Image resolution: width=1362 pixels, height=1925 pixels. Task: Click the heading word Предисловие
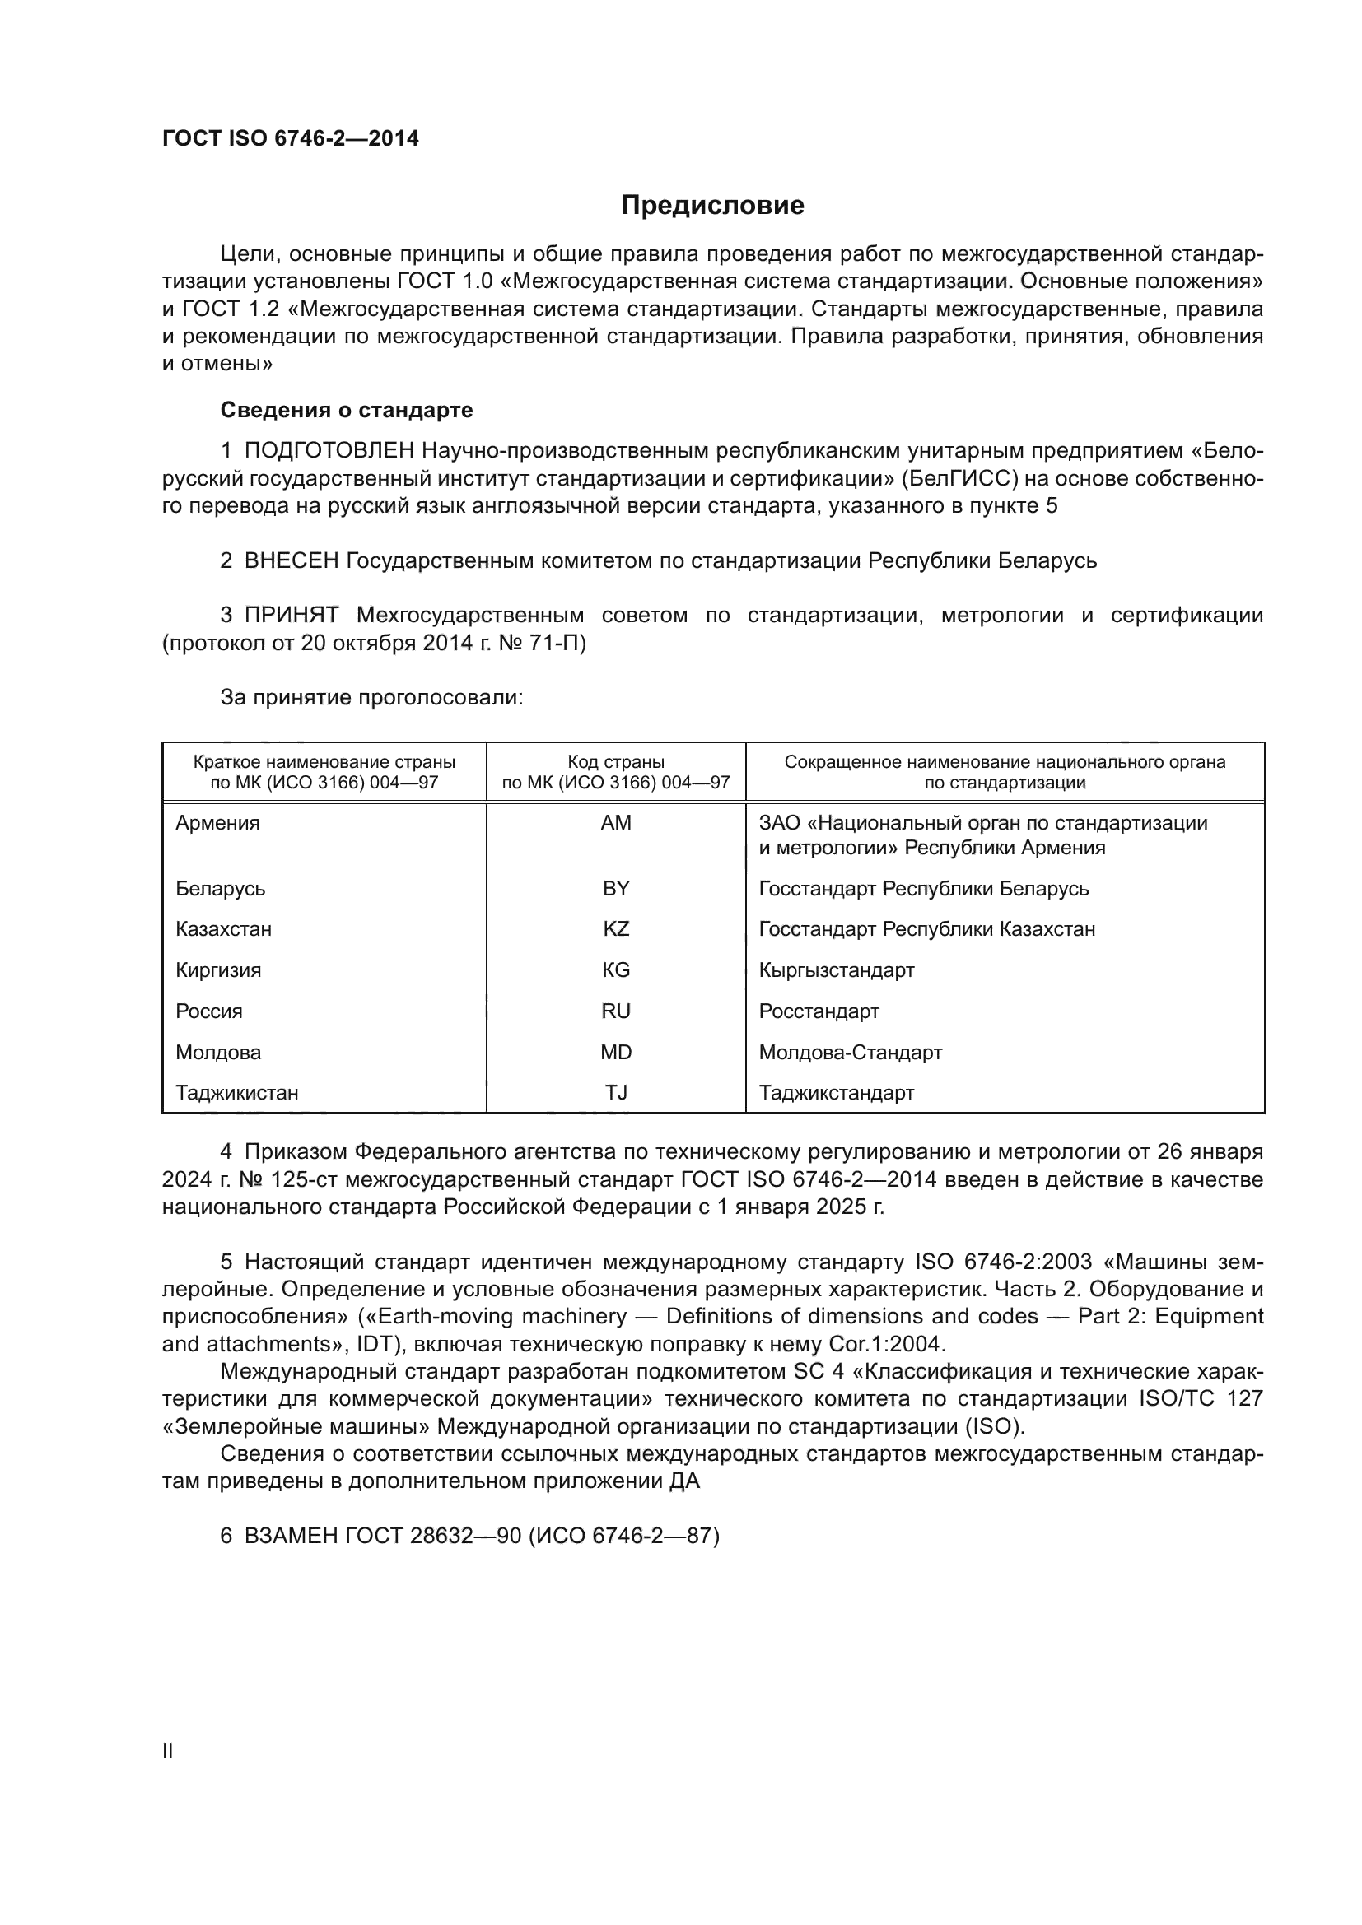712,206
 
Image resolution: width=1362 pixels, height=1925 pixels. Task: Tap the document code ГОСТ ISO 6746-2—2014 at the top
290,139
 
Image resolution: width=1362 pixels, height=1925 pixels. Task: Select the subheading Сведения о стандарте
347,410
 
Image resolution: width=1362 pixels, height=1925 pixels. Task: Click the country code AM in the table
616,822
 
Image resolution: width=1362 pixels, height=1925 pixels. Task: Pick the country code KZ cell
616,929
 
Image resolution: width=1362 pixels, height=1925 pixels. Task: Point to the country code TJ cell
616,1092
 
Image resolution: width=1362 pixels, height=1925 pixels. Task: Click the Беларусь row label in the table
221,888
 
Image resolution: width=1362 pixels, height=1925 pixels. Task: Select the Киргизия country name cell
218,970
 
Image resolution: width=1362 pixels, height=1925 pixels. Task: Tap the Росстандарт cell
819,1011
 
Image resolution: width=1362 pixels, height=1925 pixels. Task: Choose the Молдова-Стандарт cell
851,1053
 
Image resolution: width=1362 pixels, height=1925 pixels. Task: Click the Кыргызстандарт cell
836,970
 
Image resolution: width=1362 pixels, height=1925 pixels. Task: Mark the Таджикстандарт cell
836,1092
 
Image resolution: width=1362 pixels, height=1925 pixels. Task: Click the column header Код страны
616,762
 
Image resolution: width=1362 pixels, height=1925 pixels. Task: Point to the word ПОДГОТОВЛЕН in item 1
329,451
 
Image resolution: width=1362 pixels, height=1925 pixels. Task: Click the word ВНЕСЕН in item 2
291,561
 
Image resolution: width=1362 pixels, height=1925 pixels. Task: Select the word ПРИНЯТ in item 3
291,616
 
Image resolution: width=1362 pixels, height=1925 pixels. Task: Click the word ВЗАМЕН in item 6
291,1536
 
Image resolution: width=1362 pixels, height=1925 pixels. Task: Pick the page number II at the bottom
168,1751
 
